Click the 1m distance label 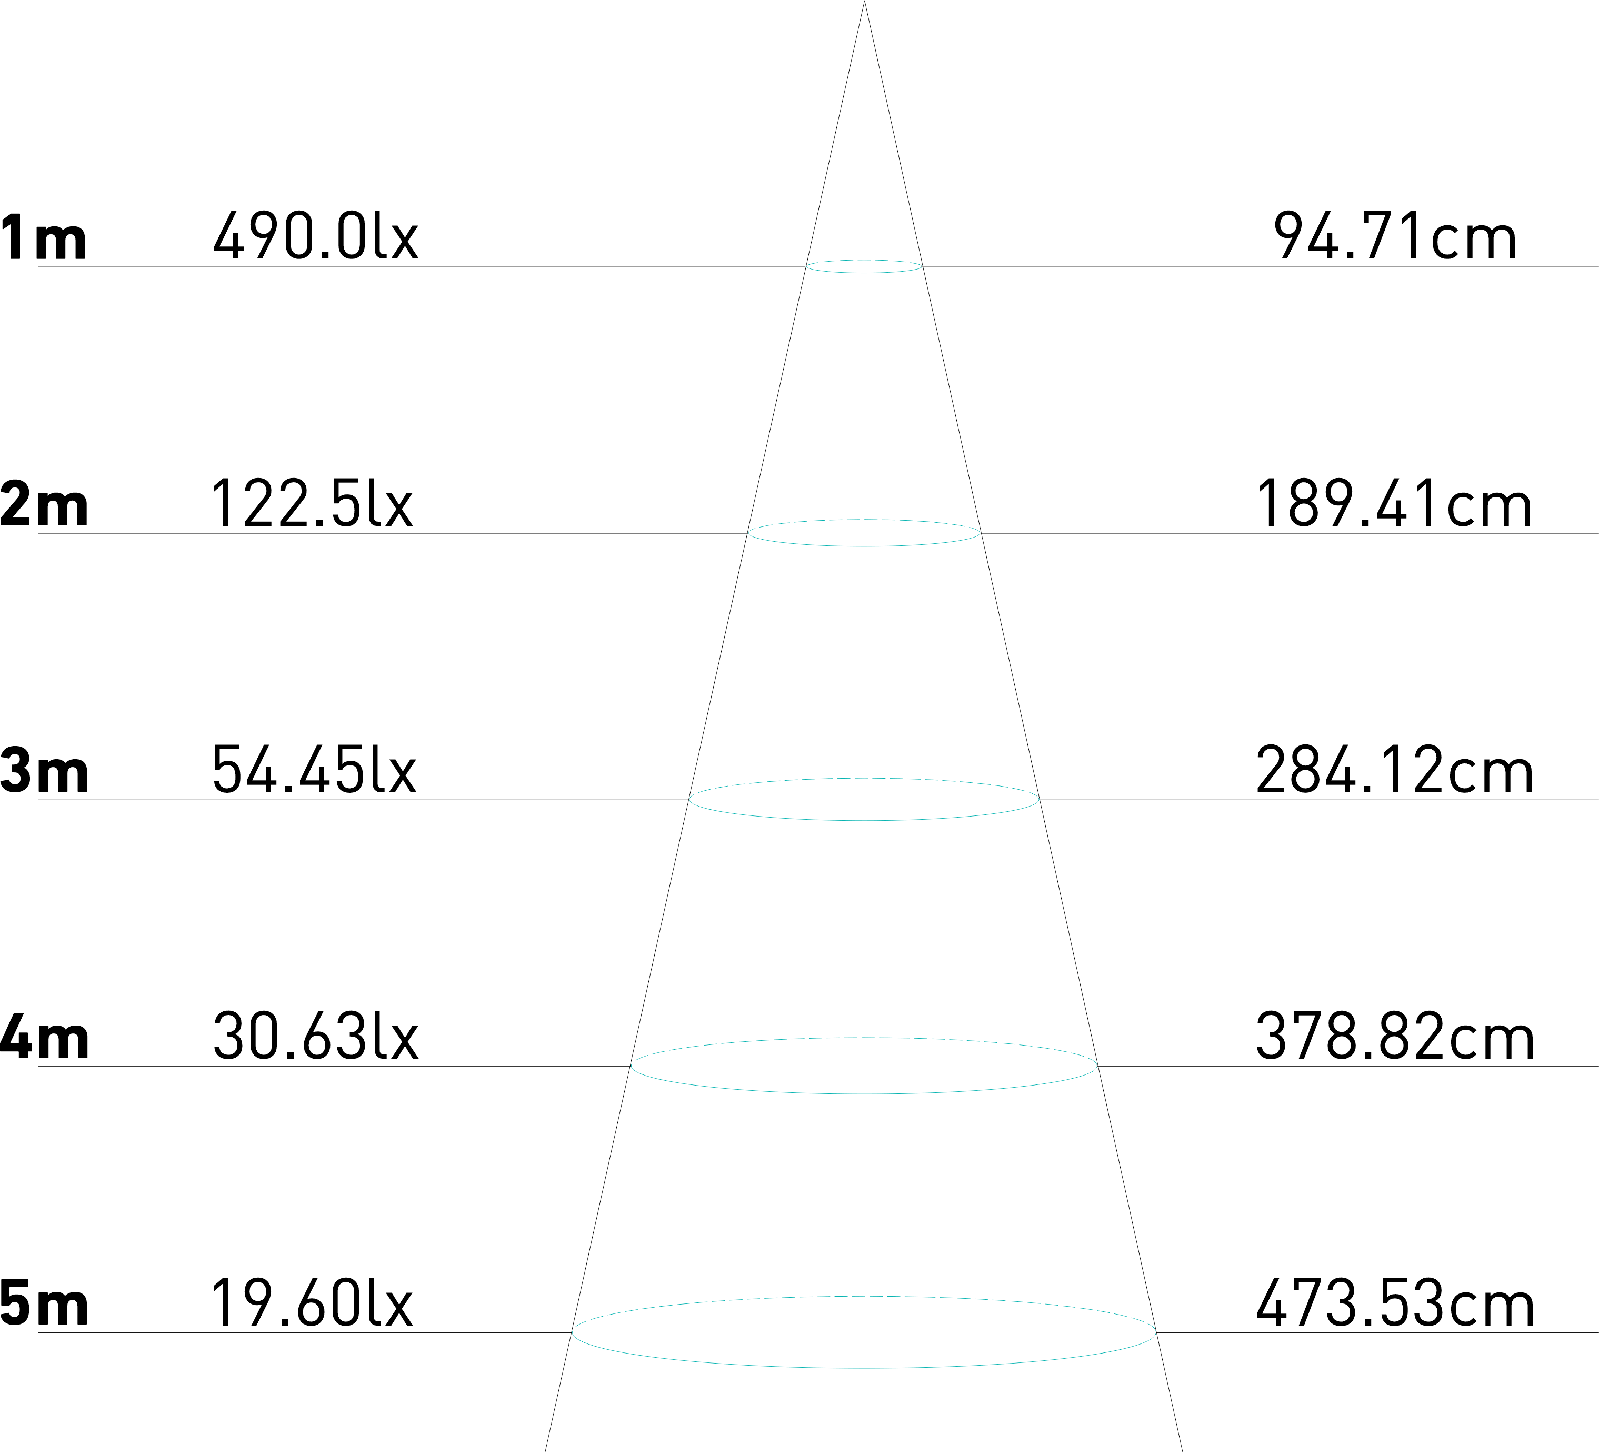click(44, 236)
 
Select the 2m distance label click(44, 503)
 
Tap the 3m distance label click(44, 769)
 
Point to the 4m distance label click(44, 1036)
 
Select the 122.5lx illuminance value click(312, 503)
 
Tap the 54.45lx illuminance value click(314, 769)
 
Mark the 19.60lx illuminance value click(312, 1302)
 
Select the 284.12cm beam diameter click(1394, 769)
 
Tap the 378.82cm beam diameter click(1394, 1036)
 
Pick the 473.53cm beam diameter click(1394, 1302)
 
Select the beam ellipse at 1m click(865, 272)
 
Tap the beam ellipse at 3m click(865, 819)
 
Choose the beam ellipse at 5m click(865, 1367)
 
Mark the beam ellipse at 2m click(865, 546)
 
